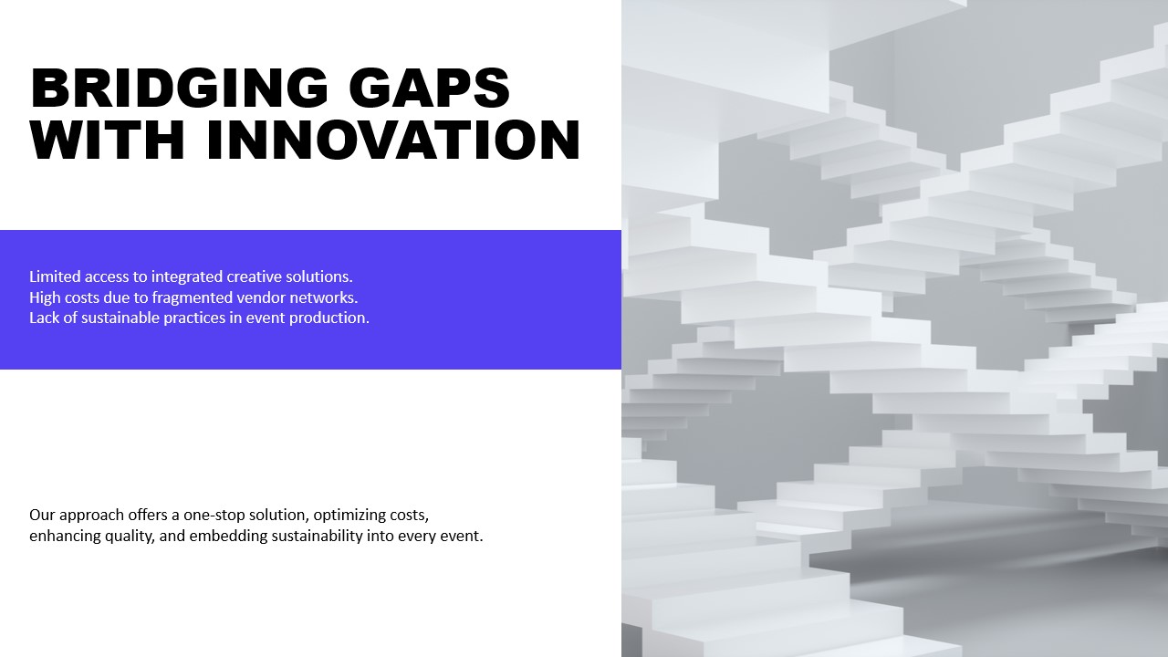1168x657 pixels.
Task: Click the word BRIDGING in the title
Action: pyautogui.click(x=180, y=88)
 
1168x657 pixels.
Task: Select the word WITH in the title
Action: pyautogui.click(x=108, y=140)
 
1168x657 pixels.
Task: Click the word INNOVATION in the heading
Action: pyautogui.click(x=393, y=140)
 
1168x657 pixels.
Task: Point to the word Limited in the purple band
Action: pyautogui.click(x=55, y=276)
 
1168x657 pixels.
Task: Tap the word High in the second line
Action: pyautogui.click(x=45, y=298)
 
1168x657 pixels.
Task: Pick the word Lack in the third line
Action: pyautogui.click(x=45, y=318)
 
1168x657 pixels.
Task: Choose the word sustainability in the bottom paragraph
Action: pyautogui.click(x=317, y=537)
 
